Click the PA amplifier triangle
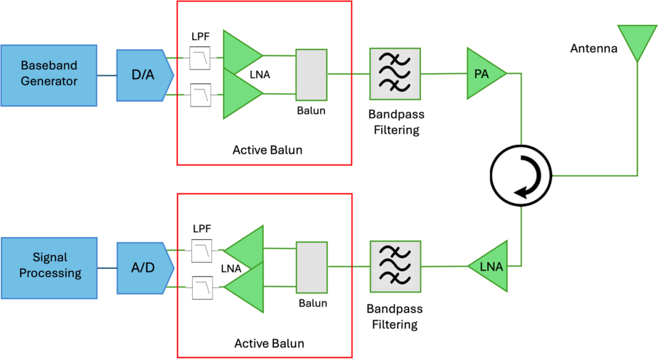coord(483,73)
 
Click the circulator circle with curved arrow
coord(521,174)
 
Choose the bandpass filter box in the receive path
coord(395,265)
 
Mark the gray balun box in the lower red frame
coord(311,265)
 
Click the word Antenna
coord(593,48)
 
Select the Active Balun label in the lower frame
coord(267,343)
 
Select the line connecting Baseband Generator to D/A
coord(106,74)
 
